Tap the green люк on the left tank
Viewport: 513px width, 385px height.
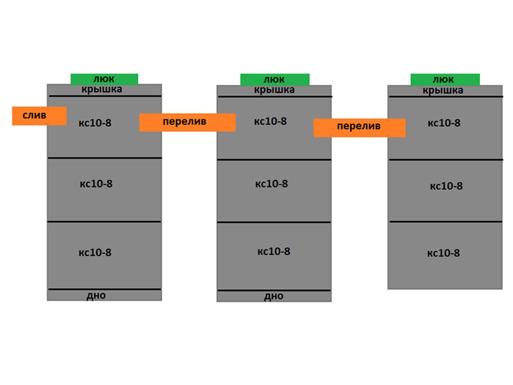[104, 79]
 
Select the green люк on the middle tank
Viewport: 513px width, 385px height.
[274, 80]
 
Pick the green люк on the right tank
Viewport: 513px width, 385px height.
[445, 80]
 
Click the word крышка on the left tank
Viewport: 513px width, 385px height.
[102, 89]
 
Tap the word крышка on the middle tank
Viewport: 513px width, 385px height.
[274, 90]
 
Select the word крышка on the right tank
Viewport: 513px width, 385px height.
[443, 91]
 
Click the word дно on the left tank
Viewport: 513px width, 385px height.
[96, 295]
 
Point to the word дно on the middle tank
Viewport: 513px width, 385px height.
[274, 296]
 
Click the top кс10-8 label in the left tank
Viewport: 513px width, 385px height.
[95, 123]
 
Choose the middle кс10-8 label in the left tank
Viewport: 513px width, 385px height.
[96, 184]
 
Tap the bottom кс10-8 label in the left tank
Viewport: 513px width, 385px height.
[95, 252]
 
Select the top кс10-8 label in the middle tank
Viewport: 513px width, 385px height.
[270, 121]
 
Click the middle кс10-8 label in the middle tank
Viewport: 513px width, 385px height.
[271, 184]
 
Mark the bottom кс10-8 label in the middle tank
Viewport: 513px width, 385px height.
[274, 252]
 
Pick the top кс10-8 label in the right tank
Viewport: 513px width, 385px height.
[444, 123]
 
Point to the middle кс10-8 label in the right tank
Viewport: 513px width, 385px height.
[446, 187]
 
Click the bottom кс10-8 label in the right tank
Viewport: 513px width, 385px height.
[443, 253]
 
